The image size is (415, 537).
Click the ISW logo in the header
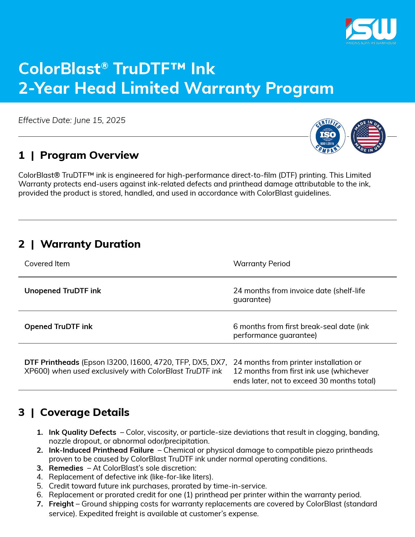pyautogui.click(x=371, y=30)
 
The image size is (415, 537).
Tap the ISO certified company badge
pyautogui.click(x=327, y=136)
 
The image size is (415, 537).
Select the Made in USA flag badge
pyautogui.click(x=368, y=136)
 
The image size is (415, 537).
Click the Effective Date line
pyautogui.click(x=72, y=120)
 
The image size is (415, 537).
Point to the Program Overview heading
pyautogui.click(x=89, y=155)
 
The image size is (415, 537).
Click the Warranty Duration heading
pyautogui.click(x=90, y=244)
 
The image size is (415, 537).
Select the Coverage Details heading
pyautogui.click(x=85, y=412)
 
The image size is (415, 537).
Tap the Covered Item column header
pyautogui.click(x=47, y=264)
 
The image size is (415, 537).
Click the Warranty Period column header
pyautogui.click(x=262, y=264)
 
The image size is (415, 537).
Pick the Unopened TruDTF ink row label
pyautogui.click(x=63, y=291)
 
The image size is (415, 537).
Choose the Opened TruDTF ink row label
pyautogui.click(x=59, y=326)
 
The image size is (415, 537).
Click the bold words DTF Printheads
pyautogui.click(x=52, y=362)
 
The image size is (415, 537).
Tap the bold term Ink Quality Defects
pyautogui.click(x=82, y=432)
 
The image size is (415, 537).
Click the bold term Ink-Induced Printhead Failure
pyautogui.click(x=101, y=450)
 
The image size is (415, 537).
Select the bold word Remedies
pyautogui.click(x=66, y=468)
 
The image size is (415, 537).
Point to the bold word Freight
pyautogui.click(x=61, y=504)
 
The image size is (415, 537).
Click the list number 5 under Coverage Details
pyautogui.click(x=40, y=486)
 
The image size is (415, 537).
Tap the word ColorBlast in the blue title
pyautogui.click(x=60, y=69)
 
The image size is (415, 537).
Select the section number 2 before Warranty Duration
pyautogui.click(x=21, y=244)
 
